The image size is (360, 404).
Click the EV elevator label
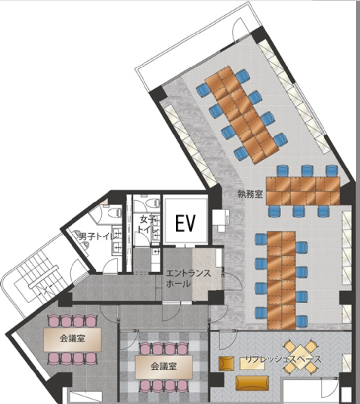pyautogui.click(x=185, y=223)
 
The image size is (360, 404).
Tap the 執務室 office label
pyautogui.click(x=250, y=194)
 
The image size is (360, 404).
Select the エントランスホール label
pyautogui.click(x=188, y=278)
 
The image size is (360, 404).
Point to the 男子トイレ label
pyautogui.click(x=98, y=236)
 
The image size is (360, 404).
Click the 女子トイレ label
pyautogui.click(x=148, y=224)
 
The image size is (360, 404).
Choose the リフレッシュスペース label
pyautogui.click(x=283, y=359)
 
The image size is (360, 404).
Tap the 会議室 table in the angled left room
pyautogui.click(x=72, y=339)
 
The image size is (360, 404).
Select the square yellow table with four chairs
pyautogui.click(x=300, y=353)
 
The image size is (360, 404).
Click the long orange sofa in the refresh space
pyautogui.click(x=252, y=383)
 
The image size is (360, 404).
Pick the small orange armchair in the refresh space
pyautogui.click(x=226, y=364)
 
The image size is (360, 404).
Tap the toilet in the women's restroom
pyautogui.click(x=153, y=202)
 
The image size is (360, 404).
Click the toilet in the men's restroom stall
pyautogui.click(x=114, y=213)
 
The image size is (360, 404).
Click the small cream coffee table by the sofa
pyautogui.click(x=252, y=364)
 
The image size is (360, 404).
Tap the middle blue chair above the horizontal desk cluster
pyautogui.click(x=307, y=170)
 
